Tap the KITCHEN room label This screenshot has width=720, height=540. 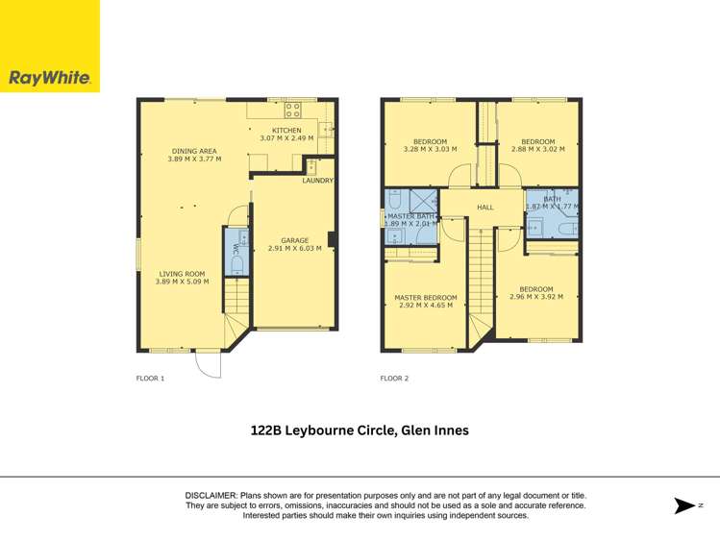(286, 131)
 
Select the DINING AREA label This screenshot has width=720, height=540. (194, 151)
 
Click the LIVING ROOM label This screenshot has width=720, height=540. (181, 274)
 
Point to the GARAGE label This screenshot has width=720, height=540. (295, 240)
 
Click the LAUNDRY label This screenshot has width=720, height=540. (317, 181)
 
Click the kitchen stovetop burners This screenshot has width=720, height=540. (292, 109)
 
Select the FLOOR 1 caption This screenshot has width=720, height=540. (151, 379)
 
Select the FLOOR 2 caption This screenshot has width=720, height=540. (394, 379)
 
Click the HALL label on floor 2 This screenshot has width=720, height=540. (484, 207)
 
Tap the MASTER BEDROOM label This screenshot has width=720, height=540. (426, 298)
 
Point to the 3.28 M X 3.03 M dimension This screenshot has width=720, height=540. (430, 149)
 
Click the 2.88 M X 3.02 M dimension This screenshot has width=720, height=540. (537, 149)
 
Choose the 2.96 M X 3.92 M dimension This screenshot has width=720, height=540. (536, 297)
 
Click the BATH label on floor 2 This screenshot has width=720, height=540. (552, 199)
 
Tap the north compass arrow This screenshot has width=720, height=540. (684, 505)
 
